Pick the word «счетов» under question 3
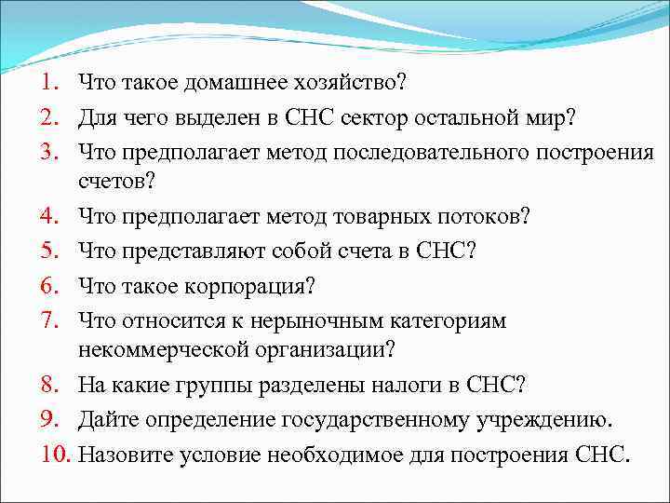[x=117, y=183]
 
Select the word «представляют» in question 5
[x=178, y=251]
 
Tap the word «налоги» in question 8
[x=424, y=385]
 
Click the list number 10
[x=56, y=454]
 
